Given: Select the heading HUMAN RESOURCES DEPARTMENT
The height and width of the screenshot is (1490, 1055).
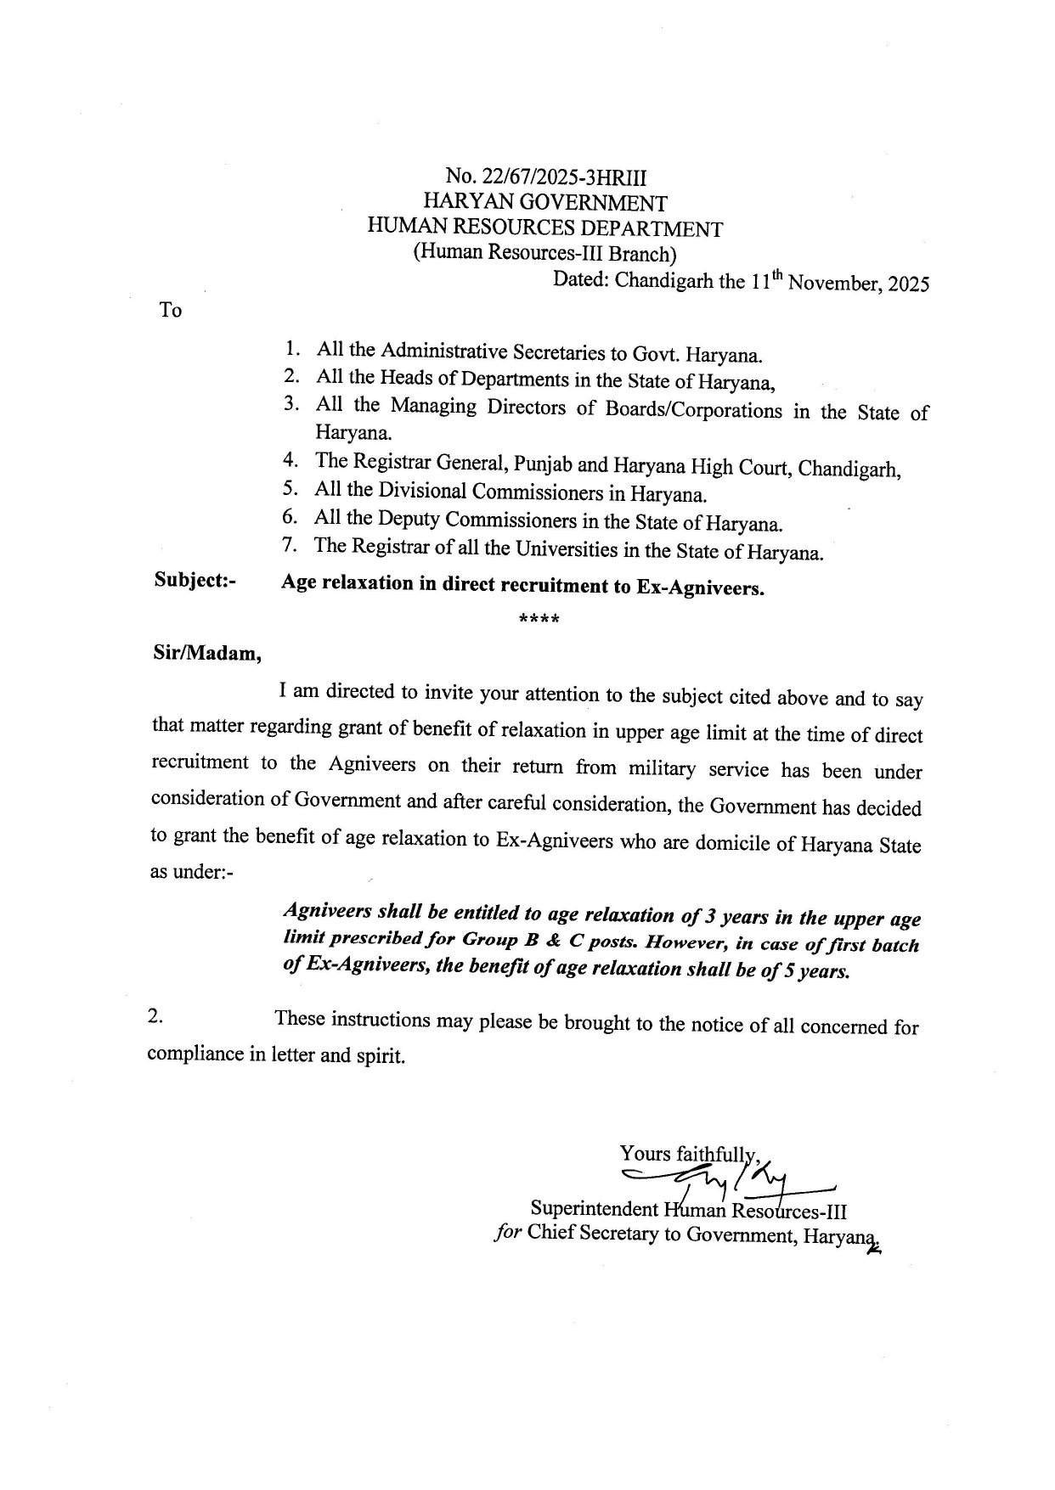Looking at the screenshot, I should click(544, 228).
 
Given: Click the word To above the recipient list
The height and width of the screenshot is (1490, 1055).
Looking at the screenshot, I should click(170, 311).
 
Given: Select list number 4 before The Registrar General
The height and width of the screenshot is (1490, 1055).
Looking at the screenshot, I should click(290, 461).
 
